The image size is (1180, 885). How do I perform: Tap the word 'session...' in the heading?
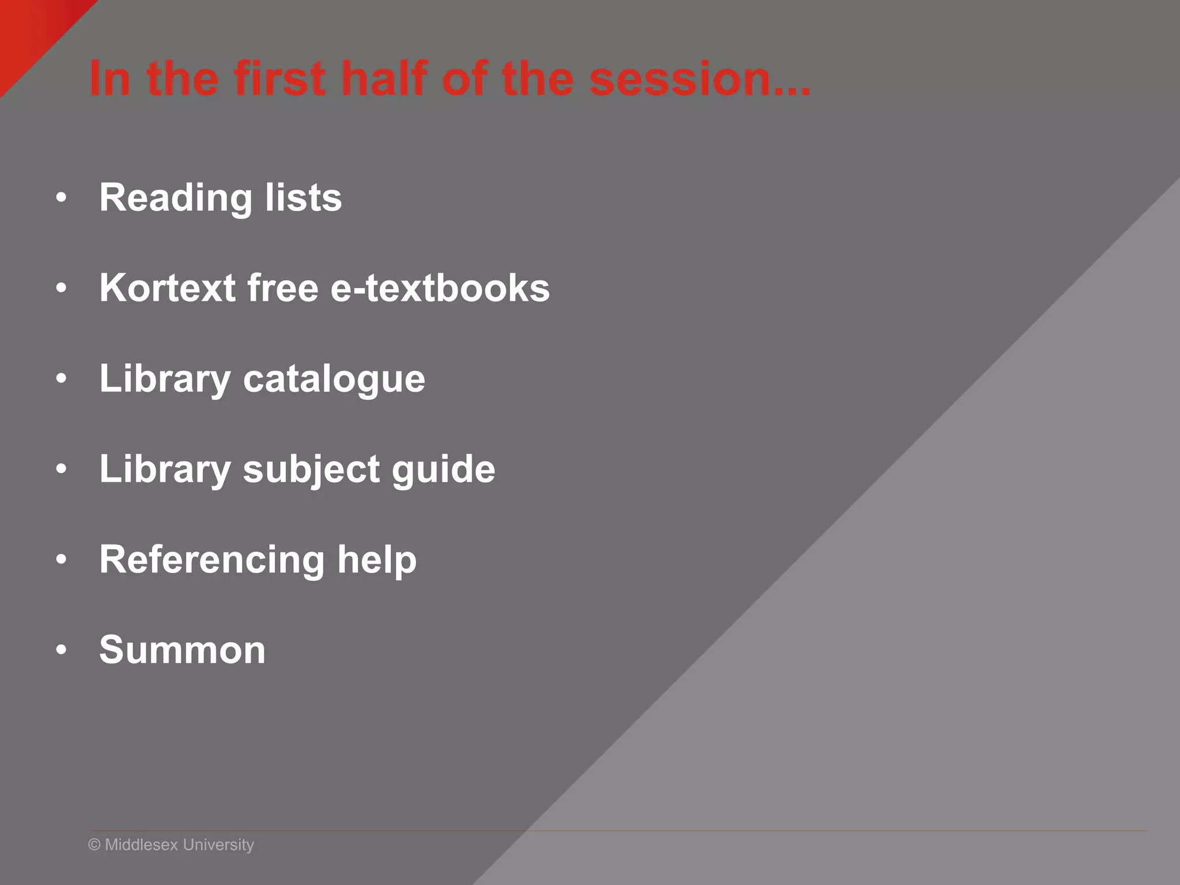click(x=699, y=79)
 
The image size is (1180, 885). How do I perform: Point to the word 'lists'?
click(x=303, y=197)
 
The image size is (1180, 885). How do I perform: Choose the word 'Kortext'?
click(x=167, y=288)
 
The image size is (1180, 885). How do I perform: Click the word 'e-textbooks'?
click(x=440, y=288)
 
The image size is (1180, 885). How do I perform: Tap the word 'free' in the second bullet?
click(x=282, y=288)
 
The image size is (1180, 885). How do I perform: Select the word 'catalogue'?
click(x=334, y=380)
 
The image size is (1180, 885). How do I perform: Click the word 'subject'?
click(x=311, y=470)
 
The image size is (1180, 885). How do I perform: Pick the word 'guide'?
click(x=443, y=470)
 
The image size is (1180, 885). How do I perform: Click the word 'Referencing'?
click(x=212, y=560)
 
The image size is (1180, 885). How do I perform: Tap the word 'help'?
click(x=377, y=559)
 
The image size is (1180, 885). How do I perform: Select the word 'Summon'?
click(x=182, y=650)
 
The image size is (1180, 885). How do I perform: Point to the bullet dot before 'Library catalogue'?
click(x=62, y=379)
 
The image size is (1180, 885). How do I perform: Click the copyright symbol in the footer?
click(x=94, y=845)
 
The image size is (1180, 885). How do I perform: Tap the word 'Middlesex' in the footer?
click(x=141, y=845)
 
